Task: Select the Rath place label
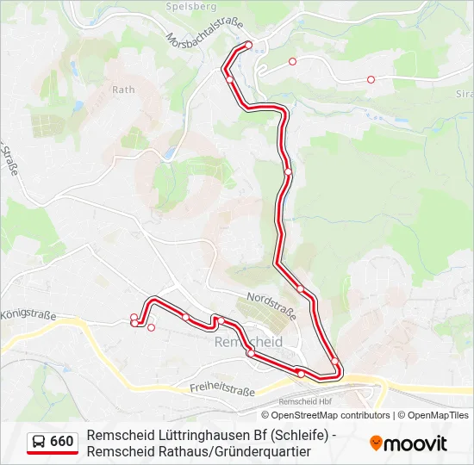click(x=123, y=90)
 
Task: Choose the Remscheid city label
click(x=246, y=342)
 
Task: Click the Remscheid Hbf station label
click(x=306, y=402)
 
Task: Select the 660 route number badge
click(x=61, y=442)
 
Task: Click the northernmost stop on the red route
click(x=248, y=45)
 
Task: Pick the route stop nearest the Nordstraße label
click(x=301, y=289)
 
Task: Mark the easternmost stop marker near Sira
click(x=371, y=79)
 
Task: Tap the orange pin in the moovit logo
click(x=376, y=443)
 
